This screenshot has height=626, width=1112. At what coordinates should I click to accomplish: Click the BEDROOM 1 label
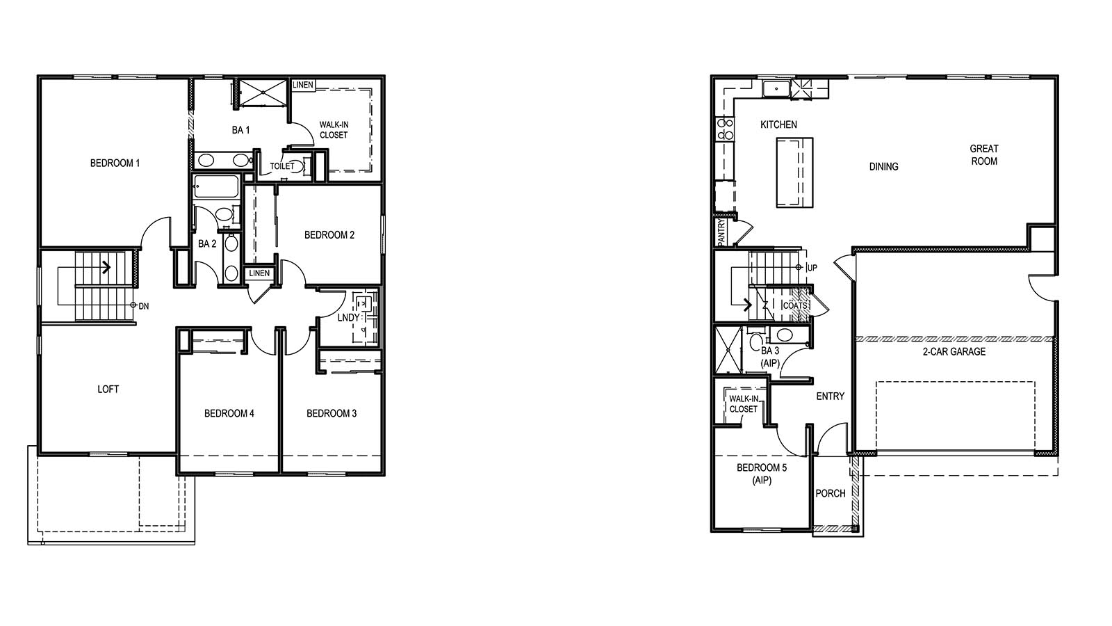pyautogui.click(x=115, y=163)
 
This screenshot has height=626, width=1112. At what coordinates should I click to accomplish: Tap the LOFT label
pyautogui.click(x=108, y=390)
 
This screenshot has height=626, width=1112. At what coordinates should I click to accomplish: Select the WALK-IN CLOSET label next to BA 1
pyautogui.click(x=334, y=130)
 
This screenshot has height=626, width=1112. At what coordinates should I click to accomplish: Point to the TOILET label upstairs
pyautogui.click(x=281, y=166)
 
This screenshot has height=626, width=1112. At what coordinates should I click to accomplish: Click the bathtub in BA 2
pyautogui.click(x=215, y=187)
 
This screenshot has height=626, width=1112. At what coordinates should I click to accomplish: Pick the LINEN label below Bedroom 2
pyautogui.click(x=259, y=273)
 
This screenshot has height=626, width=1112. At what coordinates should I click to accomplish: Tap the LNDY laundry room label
pyautogui.click(x=348, y=318)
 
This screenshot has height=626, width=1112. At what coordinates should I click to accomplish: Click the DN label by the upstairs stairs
pyautogui.click(x=144, y=306)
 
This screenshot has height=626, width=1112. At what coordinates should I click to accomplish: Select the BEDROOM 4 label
pyautogui.click(x=229, y=414)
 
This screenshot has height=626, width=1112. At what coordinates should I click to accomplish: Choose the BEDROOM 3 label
pyautogui.click(x=332, y=414)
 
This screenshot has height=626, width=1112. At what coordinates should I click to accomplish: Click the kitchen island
pyautogui.click(x=794, y=172)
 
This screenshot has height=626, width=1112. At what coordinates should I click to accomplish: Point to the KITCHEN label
pyautogui.click(x=778, y=125)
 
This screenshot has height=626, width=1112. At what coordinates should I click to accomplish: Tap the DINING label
pyautogui.click(x=883, y=167)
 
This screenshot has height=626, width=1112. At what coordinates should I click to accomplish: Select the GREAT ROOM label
pyautogui.click(x=983, y=154)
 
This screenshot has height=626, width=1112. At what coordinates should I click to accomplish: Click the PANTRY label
pyautogui.click(x=721, y=233)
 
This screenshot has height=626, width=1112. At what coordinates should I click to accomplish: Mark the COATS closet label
pyautogui.click(x=795, y=306)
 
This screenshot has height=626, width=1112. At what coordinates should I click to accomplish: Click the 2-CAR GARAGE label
pyautogui.click(x=954, y=352)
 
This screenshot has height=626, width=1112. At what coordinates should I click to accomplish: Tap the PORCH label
pyautogui.click(x=830, y=494)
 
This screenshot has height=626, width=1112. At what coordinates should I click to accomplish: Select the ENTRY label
pyautogui.click(x=830, y=396)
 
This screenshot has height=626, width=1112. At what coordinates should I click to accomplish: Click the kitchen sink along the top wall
pyautogui.click(x=776, y=89)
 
